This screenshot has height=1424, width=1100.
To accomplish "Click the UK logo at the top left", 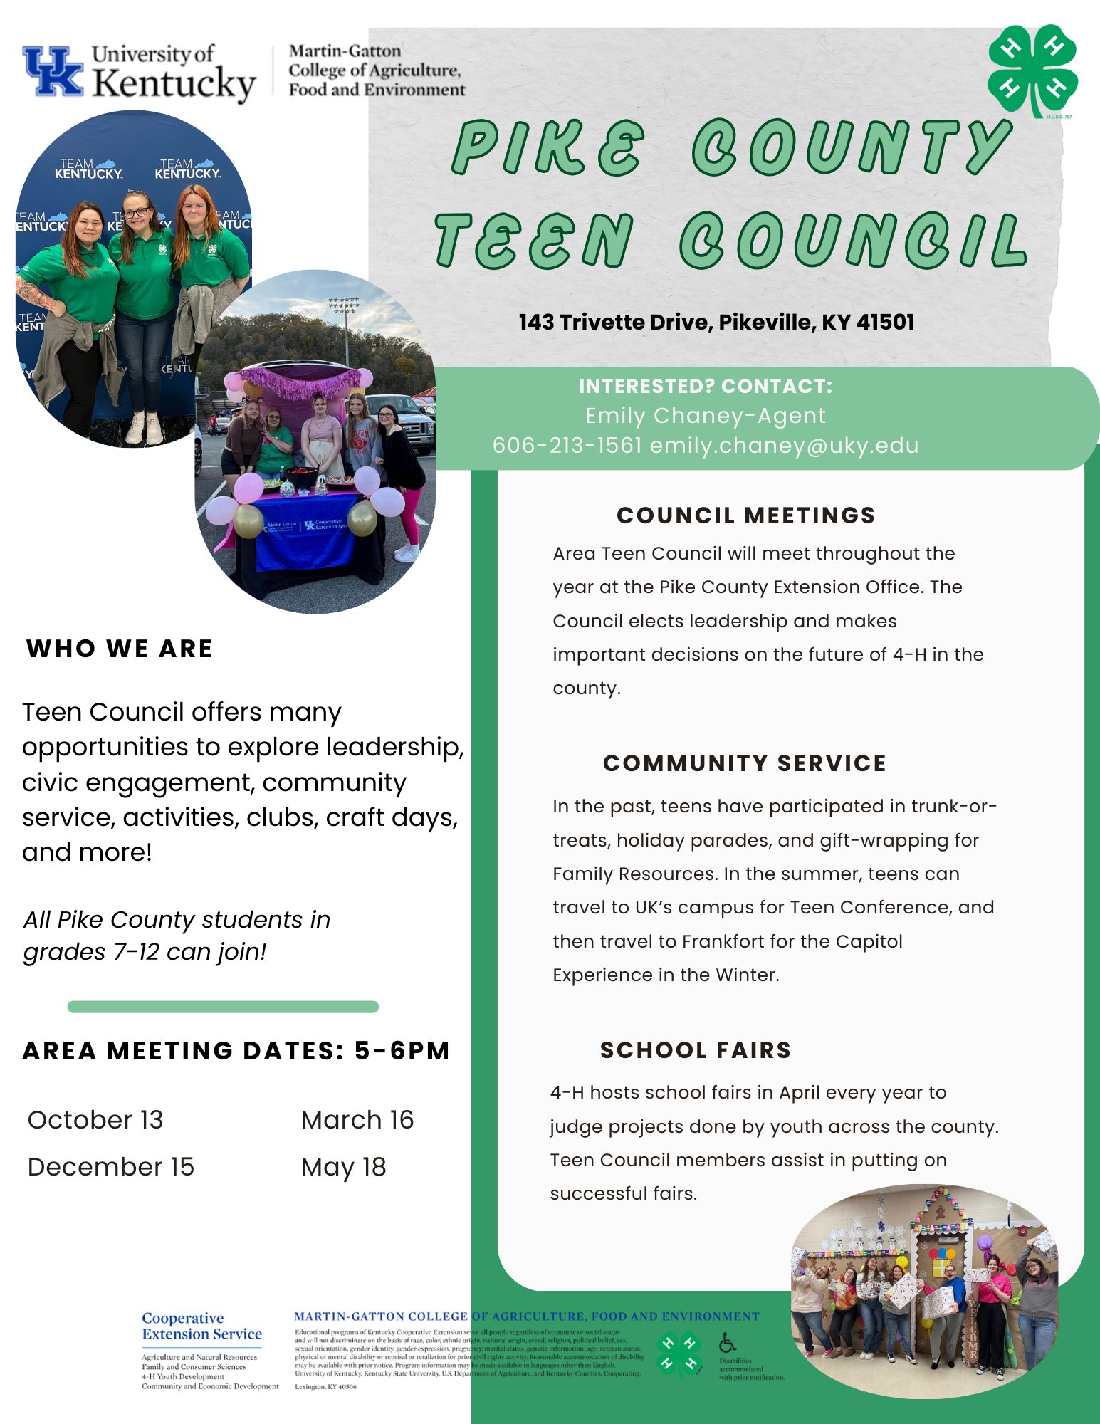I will click(x=53, y=71).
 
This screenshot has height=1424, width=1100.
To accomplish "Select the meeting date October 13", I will click(x=95, y=1120).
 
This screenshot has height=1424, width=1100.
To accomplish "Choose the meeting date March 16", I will click(x=357, y=1120).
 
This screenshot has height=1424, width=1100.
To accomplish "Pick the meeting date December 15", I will click(x=110, y=1167).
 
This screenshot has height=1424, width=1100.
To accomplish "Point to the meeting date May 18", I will click(x=343, y=1167).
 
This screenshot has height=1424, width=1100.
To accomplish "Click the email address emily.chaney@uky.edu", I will click(x=784, y=446).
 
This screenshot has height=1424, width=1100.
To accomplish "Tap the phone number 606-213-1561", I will click(x=567, y=446).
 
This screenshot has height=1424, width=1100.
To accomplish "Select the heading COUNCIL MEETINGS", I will click(x=745, y=515).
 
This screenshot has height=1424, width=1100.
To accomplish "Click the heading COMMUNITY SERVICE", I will click(x=745, y=763).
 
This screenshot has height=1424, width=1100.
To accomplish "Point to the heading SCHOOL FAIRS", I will click(x=696, y=1050).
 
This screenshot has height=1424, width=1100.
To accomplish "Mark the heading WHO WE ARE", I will click(x=120, y=649).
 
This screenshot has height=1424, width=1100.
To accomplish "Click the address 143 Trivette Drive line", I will click(x=716, y=323).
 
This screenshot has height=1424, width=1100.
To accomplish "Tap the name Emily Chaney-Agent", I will click(x=705, y=416).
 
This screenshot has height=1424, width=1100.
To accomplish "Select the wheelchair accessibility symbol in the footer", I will click(x=727, y=1343).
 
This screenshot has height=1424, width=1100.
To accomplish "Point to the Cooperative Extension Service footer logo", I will click(x=201, y=1326).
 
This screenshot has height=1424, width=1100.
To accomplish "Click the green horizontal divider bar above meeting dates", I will click(x=223, y=1007).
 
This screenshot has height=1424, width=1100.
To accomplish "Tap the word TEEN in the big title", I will click(x=534, y=241).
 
